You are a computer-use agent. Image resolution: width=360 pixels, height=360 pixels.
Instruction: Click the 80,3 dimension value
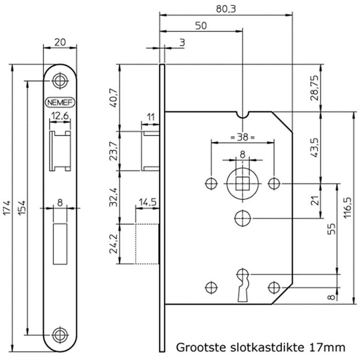(x=226, y=8)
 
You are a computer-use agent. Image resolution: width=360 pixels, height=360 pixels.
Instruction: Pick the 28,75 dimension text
(x=315, y=87)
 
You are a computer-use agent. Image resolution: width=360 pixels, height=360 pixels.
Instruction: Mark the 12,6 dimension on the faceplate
(x=60, y=115)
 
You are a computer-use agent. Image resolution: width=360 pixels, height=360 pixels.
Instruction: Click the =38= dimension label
(x=242, y=138)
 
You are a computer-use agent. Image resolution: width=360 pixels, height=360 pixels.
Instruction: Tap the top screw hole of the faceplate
(x=60, y=80)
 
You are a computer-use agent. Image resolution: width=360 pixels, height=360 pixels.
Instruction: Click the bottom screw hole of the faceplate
(x=60, y=335)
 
